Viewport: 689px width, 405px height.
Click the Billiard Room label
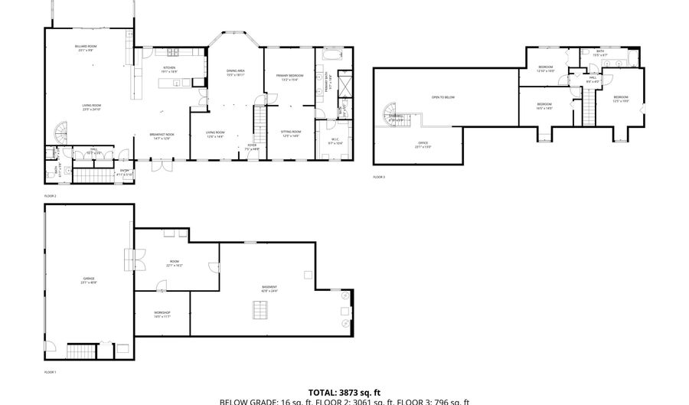(x=86, y=48)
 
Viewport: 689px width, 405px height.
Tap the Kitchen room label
(x=169, y=70)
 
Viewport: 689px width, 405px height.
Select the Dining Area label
(x=235, y=73)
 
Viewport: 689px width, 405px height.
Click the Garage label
(x=89, y=279)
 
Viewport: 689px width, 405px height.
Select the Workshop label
(x=162, y=314)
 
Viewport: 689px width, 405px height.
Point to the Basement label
(x=269, y=289)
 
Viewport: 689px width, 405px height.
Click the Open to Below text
(x=443, y=98)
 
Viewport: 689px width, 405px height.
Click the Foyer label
(x=251, y=146)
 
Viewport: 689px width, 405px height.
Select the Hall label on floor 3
(x=593, y=79)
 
